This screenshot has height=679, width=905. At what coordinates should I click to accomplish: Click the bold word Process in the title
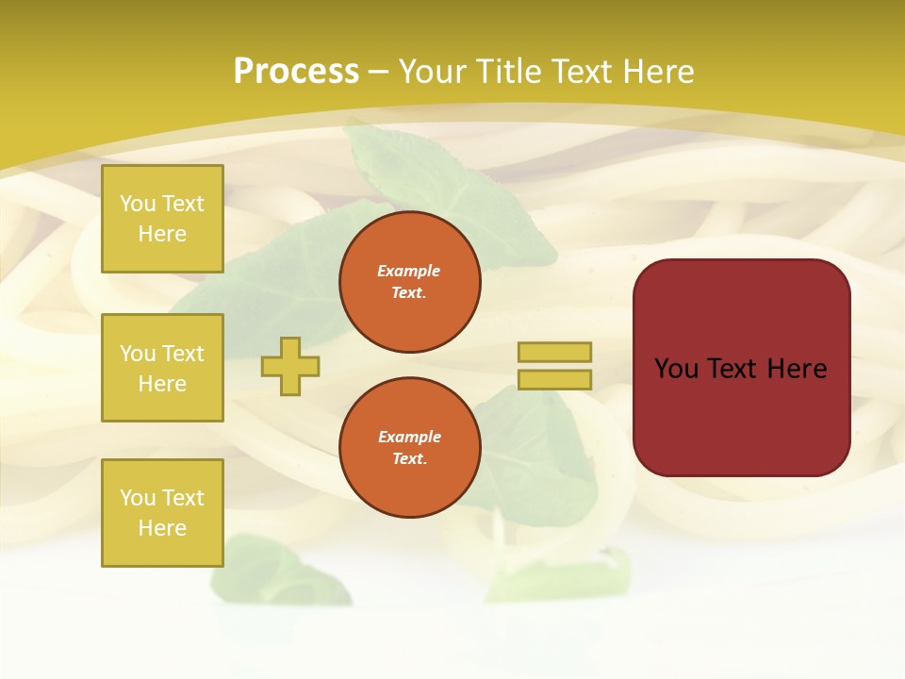click(296, 72)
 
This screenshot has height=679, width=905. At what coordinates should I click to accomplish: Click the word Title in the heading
click(511, 72)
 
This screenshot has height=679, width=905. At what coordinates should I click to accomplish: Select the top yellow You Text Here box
click(162, 219)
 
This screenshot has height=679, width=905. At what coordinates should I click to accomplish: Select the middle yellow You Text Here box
click(162, 368)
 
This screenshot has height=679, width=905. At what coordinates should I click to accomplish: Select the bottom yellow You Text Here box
click(162, 513)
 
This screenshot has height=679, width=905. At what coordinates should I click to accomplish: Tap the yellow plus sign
click(290, 366)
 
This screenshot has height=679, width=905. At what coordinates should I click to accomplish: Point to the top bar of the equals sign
click(554, 352)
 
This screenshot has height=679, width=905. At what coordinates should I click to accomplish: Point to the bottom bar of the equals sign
click(554, 380)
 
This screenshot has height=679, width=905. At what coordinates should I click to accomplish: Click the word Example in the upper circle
click(409, 272)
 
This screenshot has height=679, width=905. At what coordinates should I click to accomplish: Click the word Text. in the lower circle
click(409, 459)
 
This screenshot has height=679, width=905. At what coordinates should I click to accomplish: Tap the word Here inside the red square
click(797, 369)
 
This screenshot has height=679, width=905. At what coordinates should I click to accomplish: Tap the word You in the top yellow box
click(138, 204)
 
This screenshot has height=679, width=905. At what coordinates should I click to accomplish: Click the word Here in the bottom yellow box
click(162, 528)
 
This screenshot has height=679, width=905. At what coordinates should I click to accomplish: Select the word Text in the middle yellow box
click(183, 354)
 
